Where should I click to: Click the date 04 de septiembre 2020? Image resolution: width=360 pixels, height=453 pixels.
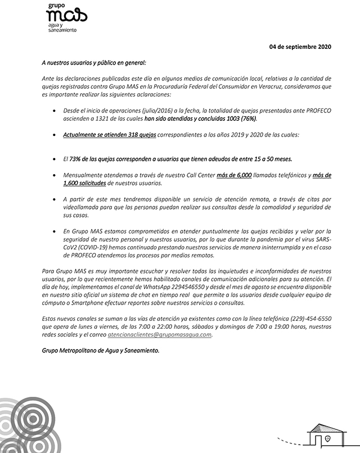[x=301, y=47]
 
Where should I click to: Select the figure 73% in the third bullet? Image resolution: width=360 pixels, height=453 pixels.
[x=77, y=159]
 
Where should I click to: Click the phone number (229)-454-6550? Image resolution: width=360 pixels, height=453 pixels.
[x=310, y=319]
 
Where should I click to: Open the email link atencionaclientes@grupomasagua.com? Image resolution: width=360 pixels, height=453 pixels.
[x=168, y=334]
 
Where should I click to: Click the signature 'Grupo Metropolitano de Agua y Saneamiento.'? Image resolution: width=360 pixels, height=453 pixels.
[x=101, y=350]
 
